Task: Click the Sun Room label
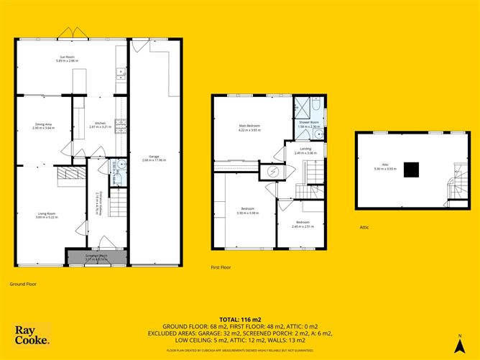pyautogui.click(x=66, y=59)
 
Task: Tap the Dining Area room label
pyautogui.click(x=43, y=125)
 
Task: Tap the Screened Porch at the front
pyautogui.click(x=96, y=257)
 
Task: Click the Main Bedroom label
pyautogui.click(x=249, y=129)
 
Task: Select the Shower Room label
pyautogui.click(x=309, y=124)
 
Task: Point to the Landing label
pyautogui.click(x=306, y=152)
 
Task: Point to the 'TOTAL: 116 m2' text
pyautogui.click(x=240, y=318)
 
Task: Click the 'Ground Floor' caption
pyautogui.click(x=22, y=284)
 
